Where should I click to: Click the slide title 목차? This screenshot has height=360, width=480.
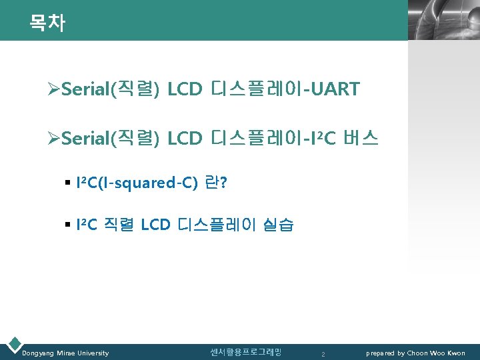click(47, 23)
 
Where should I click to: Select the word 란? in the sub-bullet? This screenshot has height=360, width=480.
click(215, 183)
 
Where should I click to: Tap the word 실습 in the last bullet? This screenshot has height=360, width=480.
click(279, 225)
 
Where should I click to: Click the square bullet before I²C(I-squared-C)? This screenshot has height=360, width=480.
click(68, 183)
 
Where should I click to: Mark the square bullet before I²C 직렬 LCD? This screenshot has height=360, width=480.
click(68, 225)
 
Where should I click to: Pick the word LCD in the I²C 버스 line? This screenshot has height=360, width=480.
click(185, 138)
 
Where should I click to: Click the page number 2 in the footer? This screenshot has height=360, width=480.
click(323, 353)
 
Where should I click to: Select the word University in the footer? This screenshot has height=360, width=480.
click(92, 353)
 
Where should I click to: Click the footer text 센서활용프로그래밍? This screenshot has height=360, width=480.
click(245, 352)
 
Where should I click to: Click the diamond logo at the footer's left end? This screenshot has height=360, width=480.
click(13, 345)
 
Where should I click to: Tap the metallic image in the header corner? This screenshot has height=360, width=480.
click(443, 20)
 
